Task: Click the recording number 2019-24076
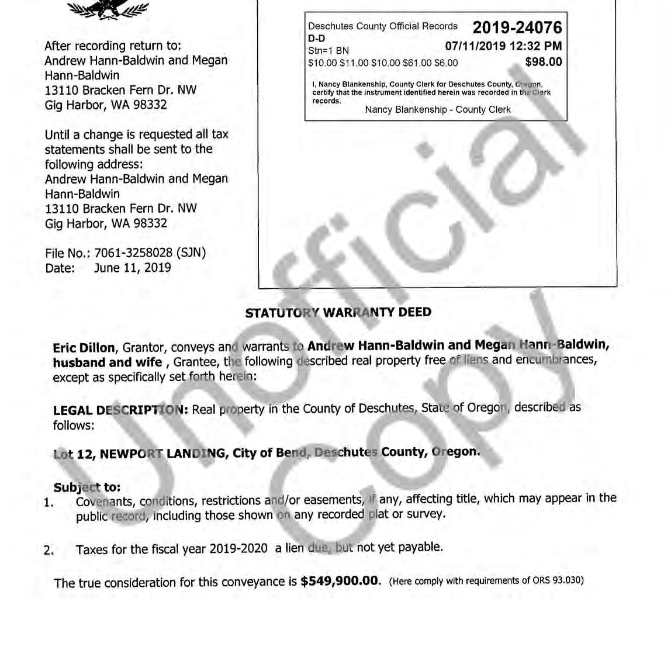click(517, 27)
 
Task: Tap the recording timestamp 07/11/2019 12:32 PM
click(503, 46)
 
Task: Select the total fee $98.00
click(543, 62)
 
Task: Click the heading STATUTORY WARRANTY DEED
click(338, 312)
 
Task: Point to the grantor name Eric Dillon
click(84, 348)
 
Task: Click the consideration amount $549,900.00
click(340, 581)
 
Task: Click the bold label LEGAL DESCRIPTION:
click(120, 410)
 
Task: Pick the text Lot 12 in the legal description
click(74, 454)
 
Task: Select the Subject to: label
click(87, 487)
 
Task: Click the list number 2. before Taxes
click(49, 550)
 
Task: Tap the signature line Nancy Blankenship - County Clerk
click(437, 109)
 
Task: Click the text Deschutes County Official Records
click(383, 26)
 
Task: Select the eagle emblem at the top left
click(108, 8)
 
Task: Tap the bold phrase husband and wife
click(107, 362)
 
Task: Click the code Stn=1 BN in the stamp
click(328, 51)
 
